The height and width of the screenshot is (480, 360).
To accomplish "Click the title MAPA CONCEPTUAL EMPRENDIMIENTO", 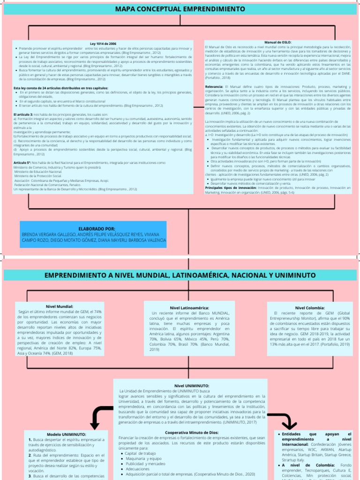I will pos(180,9).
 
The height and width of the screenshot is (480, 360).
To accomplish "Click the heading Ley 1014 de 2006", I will pos(103,44).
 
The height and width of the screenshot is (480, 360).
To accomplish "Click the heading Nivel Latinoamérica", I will pos(190,307).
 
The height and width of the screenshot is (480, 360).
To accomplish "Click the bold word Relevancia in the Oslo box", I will pos(215,87).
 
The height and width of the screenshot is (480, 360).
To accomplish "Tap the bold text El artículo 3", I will pos(23,114).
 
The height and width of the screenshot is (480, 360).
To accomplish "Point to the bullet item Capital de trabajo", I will pos(141,453).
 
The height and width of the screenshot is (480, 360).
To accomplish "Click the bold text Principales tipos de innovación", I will pos(230,187).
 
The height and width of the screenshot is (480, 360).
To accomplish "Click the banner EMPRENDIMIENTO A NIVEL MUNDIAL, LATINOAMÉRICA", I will pos(180,275).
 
